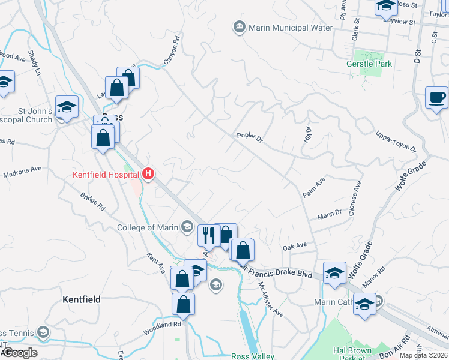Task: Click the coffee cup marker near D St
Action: (436, 97)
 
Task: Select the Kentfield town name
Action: (82, 299)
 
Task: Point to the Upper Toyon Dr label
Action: (396, 141)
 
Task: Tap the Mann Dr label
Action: (329, 213)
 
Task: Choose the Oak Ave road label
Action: (295, 245)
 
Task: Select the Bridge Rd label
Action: (93, 201)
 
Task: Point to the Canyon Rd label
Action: (172, 51)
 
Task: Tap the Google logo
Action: (20, 353)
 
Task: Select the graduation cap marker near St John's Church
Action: (67, 107)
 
